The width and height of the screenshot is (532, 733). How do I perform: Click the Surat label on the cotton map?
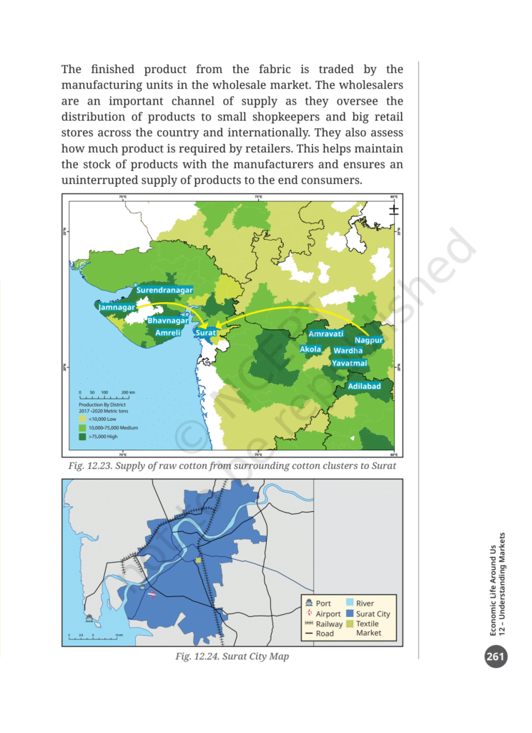click(206, 333)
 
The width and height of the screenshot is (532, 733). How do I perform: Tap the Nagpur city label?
click(369, 339)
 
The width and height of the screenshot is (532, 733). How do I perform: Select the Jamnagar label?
click(118, 307)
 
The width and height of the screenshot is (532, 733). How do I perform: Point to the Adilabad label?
click(364, 386)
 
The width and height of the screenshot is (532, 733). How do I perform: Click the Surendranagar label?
click(163, 291)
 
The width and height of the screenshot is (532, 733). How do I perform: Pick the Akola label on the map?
click(310, 349)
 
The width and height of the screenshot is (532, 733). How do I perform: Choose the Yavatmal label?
click(350, 364)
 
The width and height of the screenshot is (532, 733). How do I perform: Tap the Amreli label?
click(168, 333)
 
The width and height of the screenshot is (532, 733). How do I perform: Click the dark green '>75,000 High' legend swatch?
click(82, 435)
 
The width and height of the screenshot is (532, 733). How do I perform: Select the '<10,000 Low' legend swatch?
click(82, 419)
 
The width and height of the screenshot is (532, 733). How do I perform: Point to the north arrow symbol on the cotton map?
click(393, 209)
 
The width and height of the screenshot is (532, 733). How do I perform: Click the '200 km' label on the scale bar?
click(129, 393)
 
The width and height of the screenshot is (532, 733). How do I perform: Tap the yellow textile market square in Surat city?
click(198, 560)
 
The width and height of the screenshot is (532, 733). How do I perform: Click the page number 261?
click(495, 656)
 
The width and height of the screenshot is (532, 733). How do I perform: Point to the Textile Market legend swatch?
click(349, 624)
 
